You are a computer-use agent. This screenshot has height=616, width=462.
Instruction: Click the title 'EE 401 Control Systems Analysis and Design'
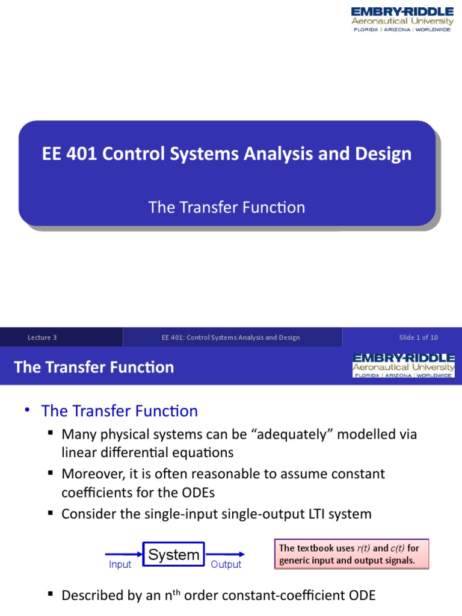[x=227, y=153]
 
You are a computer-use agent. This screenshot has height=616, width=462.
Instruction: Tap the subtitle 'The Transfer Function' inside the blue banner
[x=227, y=208]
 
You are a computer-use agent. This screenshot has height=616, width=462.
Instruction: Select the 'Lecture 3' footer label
[x=42, y=337]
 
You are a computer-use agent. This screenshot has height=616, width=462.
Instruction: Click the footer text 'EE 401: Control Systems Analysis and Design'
[x=230, y=337]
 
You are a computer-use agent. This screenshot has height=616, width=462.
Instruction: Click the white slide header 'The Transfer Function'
[x=94, y=367]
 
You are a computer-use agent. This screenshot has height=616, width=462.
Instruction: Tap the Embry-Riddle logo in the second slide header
[x=403, y=366]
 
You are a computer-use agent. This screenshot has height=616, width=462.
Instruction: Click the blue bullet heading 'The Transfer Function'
[x=119, y=411]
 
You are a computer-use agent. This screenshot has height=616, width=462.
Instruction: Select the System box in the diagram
[x=174, y=555]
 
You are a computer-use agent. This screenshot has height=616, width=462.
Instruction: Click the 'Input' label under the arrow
[x=120, y=565]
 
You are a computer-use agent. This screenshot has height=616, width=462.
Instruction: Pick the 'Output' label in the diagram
[x=226, y=565]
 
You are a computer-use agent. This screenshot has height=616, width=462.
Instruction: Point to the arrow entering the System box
[x=124, y=554]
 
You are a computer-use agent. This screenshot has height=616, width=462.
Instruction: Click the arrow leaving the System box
[x=225, y=554]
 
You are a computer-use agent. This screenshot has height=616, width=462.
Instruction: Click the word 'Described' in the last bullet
[x=91, y=596]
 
